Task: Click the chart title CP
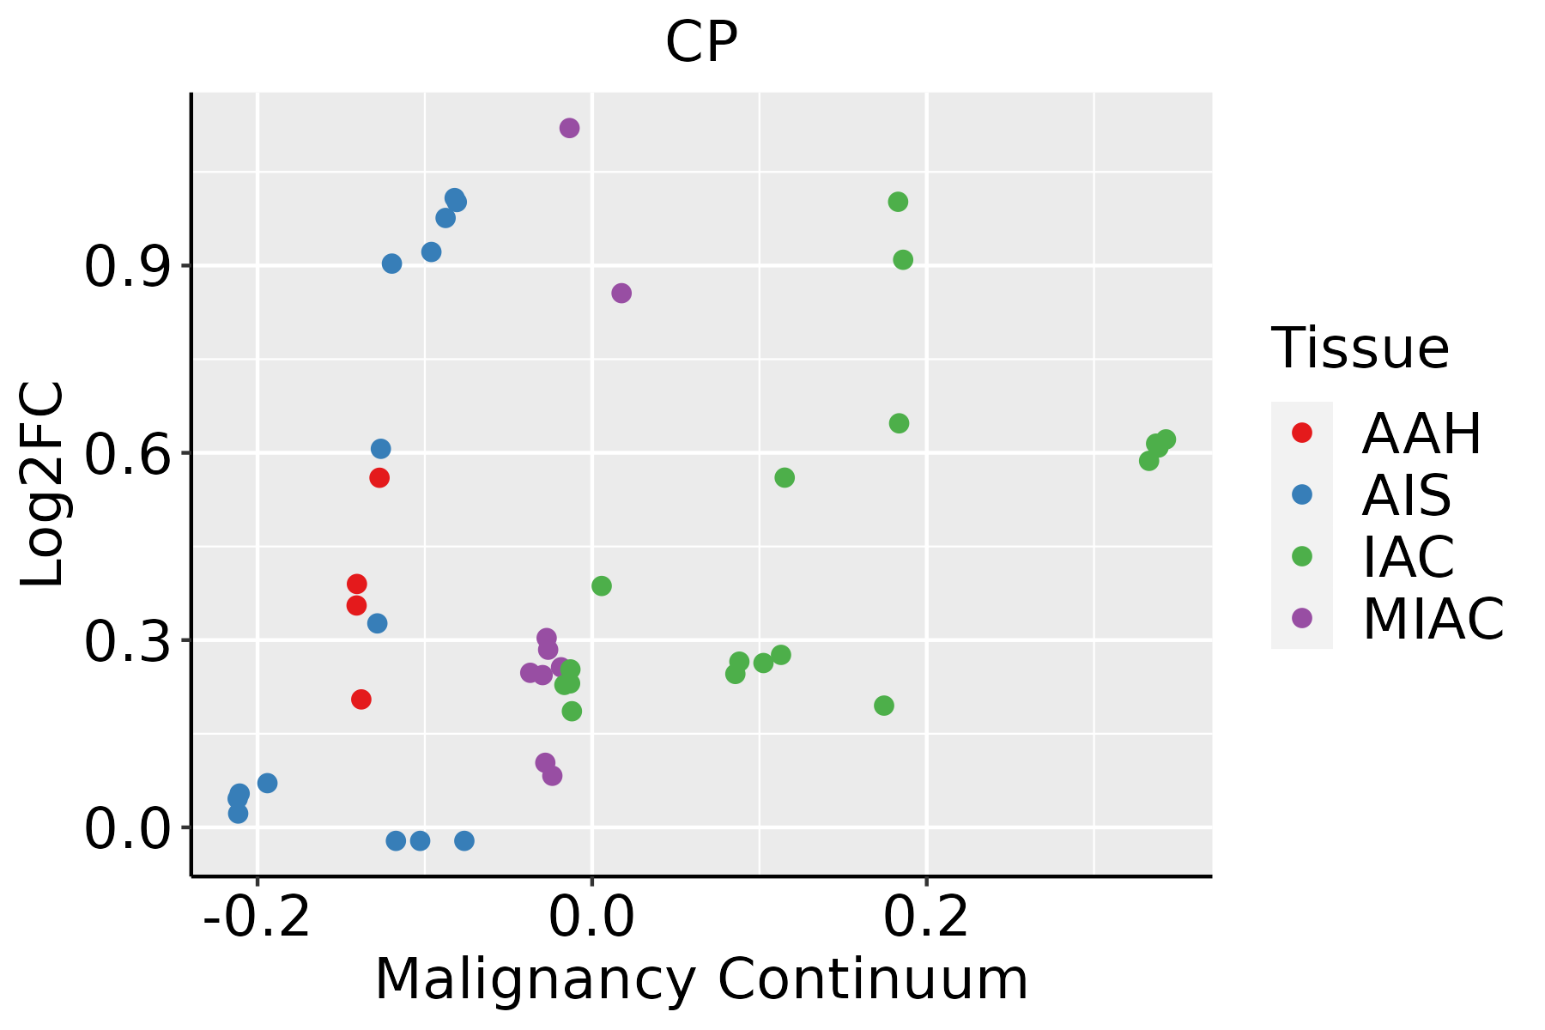point(701,43)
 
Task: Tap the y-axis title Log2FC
point(43,485)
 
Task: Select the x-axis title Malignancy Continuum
point(701,979)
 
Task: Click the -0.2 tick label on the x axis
point(257,917)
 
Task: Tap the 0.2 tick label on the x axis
point(926,917)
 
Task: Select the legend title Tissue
point(1360,348)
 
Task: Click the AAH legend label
point(1421,433)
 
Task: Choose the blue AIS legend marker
point(1302,494)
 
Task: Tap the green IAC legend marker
point(1302,556)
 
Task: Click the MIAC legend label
point(1433,618)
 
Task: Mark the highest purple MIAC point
point(569,128)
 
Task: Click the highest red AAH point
point(379,477)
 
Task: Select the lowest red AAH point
point(361,700)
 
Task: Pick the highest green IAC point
point(898,202)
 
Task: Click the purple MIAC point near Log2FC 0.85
point(621,294)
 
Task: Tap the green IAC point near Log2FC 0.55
point(785,477)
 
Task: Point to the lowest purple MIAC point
point(552,776)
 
